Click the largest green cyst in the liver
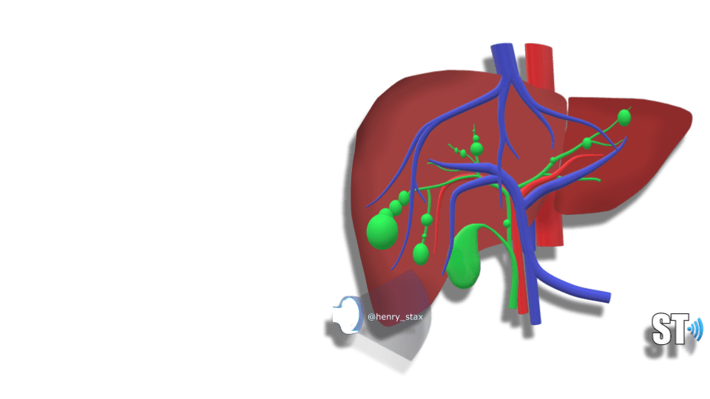[x=382, y=231]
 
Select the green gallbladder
[x=464, y=257]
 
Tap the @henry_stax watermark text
[x=395, y=317]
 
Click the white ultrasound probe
[x=348, y=315]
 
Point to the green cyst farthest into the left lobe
[x=624, y=117]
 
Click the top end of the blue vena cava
[x=502, y=46]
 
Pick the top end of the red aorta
[x=539, y=46]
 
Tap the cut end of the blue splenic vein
[x=607, y=298]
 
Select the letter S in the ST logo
[x=661, y=329]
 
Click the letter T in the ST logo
[x=679, y=329]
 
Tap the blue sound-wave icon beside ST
[x=696, y=330]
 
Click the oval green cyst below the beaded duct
[x=421, y=253]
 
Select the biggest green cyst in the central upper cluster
[x=476, y=149]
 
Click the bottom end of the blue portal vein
[x=535, y=321]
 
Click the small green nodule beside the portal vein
[x=507, y=223]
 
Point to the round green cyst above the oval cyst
[x=427, y=220]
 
